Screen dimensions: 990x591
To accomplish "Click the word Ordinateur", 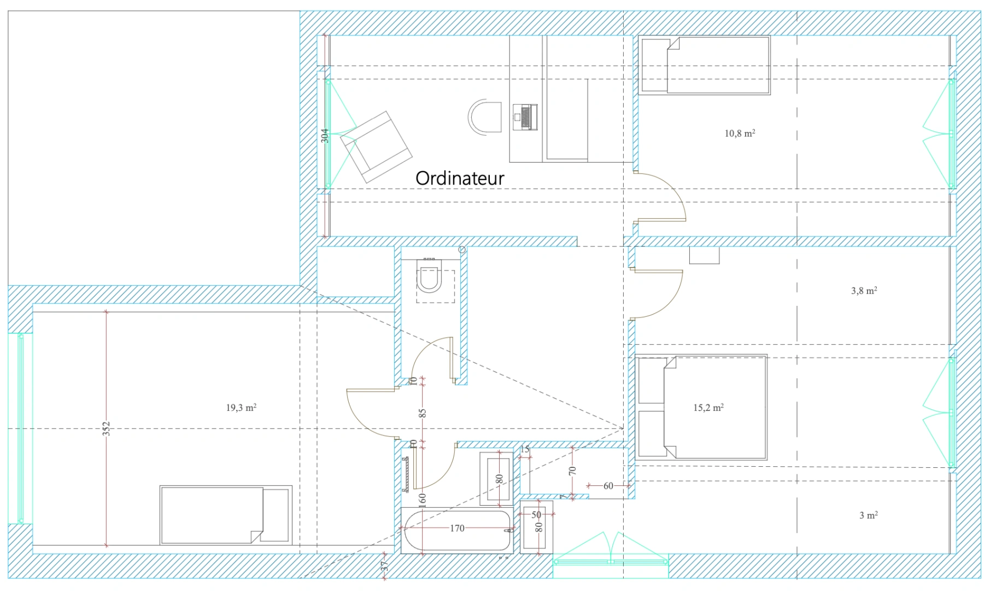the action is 460,178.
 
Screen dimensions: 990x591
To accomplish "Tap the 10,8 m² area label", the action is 740,133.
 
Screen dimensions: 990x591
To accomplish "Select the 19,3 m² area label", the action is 241,408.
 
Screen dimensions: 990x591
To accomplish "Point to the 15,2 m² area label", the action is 708,408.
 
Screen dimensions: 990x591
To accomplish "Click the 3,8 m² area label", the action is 864,291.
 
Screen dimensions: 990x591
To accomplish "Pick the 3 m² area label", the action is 869,515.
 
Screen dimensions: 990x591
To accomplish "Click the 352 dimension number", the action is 107,428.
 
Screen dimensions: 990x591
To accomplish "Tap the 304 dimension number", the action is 325,136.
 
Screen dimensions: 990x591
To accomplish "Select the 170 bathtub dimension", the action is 457,528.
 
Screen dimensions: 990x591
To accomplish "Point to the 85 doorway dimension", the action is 422,413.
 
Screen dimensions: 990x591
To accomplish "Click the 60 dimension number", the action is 608,485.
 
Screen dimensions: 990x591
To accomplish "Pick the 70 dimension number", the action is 573,470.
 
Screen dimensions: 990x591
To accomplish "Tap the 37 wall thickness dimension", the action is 384,566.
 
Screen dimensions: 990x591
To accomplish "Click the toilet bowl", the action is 429,278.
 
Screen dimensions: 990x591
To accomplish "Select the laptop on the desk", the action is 525,117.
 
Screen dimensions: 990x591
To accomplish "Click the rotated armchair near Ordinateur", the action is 376,147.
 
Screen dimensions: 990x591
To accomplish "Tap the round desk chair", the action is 485,117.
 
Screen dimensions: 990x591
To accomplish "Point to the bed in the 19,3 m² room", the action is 226,515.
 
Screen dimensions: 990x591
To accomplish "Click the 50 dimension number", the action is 536,514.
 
